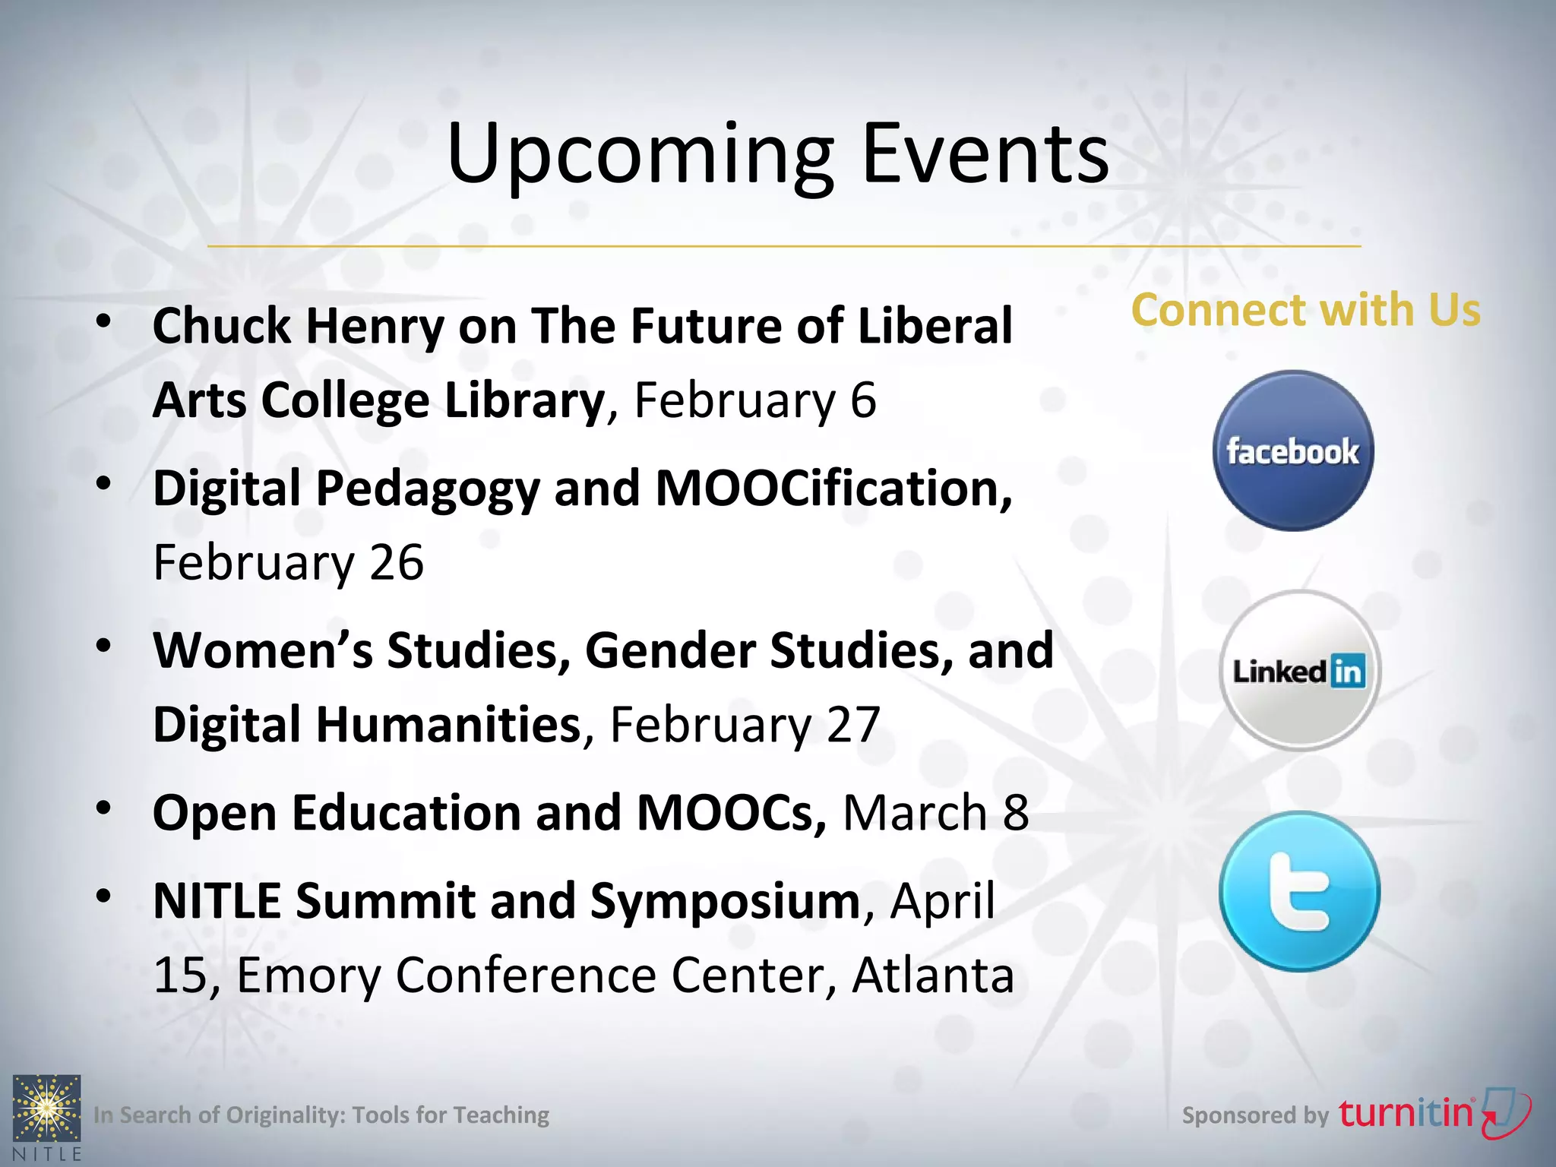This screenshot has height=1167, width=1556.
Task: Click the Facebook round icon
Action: click(1293, 451)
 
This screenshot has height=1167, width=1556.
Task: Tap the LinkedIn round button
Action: click(1300, 671)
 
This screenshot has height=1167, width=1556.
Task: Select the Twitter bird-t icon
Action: click(1300, 891)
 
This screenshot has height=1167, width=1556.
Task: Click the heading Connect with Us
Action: click(1305, 310)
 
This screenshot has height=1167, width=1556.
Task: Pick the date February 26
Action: click(288, 563)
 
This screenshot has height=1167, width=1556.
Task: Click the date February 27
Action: click(745, 725)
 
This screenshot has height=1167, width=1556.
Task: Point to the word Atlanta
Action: click(933, 976)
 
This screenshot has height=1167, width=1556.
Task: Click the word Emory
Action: click(308, 976)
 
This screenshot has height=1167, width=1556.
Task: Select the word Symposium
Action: click(725, 901)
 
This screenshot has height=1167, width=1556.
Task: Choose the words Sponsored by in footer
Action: click(1254, 1115)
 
